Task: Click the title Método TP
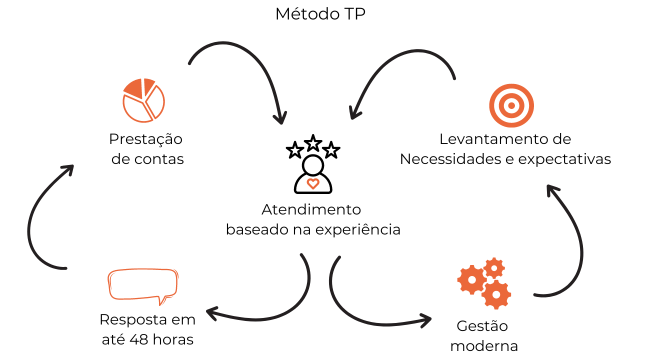click(320, 14)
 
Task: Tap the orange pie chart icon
click(144, 100)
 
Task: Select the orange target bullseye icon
click(511, 105)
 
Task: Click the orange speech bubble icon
click(143, 286)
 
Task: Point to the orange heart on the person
click(313, 183)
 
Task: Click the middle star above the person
click(313, 142)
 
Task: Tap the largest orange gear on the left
click(471, 280)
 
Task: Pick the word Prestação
click(146, 139)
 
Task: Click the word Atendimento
click(311, 209)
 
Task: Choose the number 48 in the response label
click(138, 339)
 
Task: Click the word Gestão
click(482, 326)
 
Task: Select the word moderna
click(484, 346)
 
